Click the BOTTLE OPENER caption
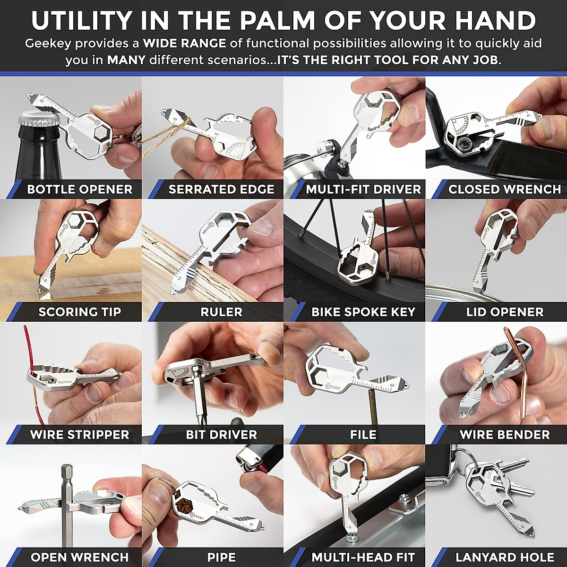(x=79, y=189)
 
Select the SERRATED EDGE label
(x=221, y=189)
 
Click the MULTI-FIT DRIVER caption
(x=363, y=189)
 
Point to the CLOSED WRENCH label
(x=504, y=189)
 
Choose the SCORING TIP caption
(x=79, y=312)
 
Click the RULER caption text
(x=221, y=312)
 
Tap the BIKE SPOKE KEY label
(x=363, y=312)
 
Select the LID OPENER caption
(x=504, y=312)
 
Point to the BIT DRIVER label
(x=221, y=435)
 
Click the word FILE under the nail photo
(x=363, y=435)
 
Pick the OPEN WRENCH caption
(x=79, y=558)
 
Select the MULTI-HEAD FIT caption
(x=363, y=558)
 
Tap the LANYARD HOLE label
(x=504, y=558)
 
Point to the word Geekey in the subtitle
(x=48, y=43)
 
